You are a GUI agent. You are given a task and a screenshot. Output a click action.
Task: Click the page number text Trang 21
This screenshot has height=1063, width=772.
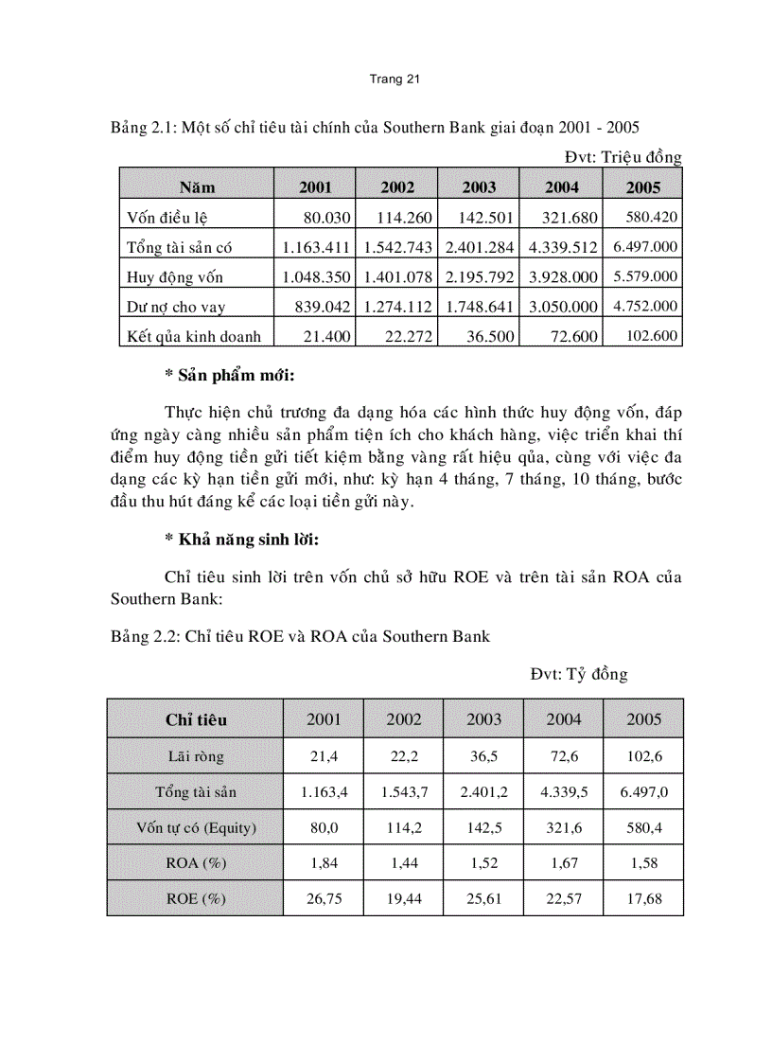pyautogui.click(x=394, y=80)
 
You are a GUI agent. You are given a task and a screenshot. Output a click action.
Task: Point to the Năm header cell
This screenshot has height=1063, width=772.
pyautogui.click(x=197, y=187)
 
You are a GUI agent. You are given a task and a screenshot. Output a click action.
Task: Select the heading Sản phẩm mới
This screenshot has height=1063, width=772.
pyautogui.click(x=230, y=376)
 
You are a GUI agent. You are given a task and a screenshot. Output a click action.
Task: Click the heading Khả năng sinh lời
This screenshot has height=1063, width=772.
pyautogui.click(x=241, y=540)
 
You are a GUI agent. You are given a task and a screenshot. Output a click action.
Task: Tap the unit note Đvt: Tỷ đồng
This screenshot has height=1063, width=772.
pyautogui.click(x=579, y=674)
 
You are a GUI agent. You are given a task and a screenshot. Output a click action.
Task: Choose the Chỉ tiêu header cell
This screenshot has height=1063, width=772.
pyautogui.click(x=196, y=719)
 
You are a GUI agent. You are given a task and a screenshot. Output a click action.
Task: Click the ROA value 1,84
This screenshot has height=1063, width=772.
pyautogui.click(x=325, y=863)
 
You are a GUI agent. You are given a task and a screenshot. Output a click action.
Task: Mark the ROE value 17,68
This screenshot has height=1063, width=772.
pyautogui.click(x=644, y=898)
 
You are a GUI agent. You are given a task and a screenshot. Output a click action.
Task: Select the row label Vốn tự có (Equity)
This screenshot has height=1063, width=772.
pyautogui.click(x=196, y=827)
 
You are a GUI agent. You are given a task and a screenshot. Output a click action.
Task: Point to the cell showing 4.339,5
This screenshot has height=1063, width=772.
pyautogui.click(x=564, y=791)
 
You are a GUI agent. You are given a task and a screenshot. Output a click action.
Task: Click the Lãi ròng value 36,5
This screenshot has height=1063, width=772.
pyautogui.click(x=484, y=755)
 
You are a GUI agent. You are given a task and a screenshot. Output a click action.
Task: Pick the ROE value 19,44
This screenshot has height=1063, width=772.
pyautogui.click(x=404, y=898)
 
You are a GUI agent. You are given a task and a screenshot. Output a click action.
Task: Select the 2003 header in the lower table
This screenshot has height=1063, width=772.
pyautogui.click(x=484, y=719)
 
